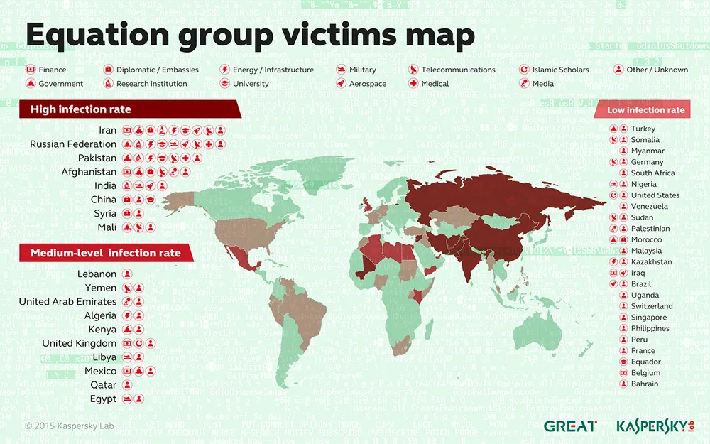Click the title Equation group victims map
[249, 34]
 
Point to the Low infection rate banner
[645, 109]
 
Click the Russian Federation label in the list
[73, 144]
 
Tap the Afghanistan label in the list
[89, 172]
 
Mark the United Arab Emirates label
[67, 302]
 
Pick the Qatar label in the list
[103, 385]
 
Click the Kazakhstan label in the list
[651, 262]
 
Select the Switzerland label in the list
[652, 306]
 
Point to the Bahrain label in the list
[645, 384]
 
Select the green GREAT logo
[569, 426]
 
